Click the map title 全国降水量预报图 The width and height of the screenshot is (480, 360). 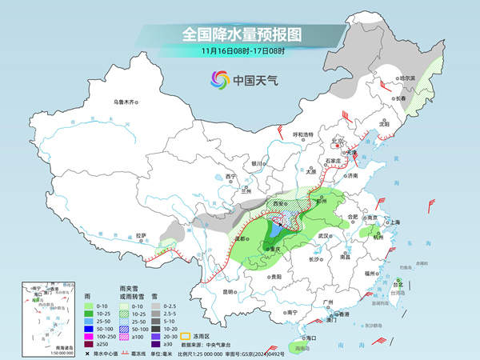point(239,34)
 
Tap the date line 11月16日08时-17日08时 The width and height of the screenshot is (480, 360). point(239,52)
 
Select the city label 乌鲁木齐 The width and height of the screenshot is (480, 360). point(126,102)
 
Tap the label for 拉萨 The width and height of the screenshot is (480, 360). point(142,235)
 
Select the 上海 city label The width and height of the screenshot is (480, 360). point(395,222)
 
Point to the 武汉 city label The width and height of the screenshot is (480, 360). point(324,236)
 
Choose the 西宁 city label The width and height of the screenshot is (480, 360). point(231,176)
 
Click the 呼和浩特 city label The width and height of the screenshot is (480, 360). point(305,134)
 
